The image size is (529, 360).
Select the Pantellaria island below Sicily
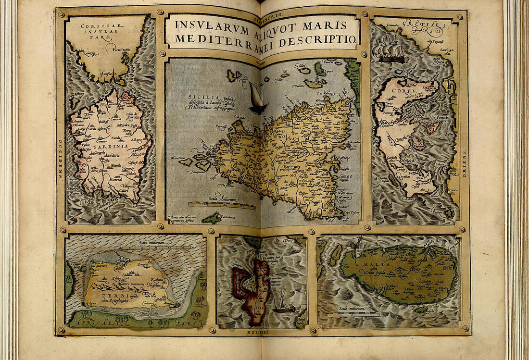(212, 218)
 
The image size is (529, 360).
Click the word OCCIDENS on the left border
(61, 159)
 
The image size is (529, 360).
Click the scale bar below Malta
(354, 315)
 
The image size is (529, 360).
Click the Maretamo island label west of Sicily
(177, 158)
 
